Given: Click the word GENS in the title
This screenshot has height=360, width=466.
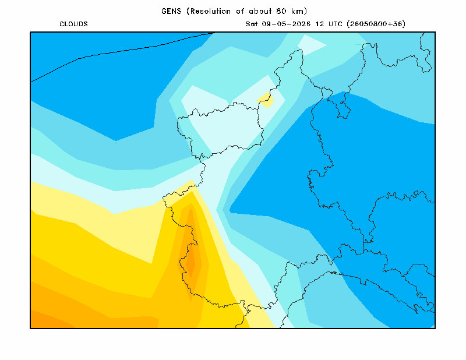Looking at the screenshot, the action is click(x=171, y=11).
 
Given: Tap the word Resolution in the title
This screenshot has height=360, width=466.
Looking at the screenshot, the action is click(x=210, y=11).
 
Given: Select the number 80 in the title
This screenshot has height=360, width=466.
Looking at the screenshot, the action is click(x=281, y=11).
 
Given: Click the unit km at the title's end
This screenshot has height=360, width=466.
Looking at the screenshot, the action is click(x=296, y=11).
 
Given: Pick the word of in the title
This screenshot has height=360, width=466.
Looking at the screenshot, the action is click(x=240, y=11).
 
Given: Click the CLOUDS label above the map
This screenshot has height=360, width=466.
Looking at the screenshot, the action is click(x=73, y=24).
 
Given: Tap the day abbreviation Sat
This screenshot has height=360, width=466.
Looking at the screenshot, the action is click(x=252, y=24).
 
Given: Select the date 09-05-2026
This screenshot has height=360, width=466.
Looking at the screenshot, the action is click(x=286, y=24).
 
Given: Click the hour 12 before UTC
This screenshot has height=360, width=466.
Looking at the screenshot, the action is click(x=320, y=24).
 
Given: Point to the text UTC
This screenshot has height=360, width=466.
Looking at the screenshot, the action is click(x=336, y=24).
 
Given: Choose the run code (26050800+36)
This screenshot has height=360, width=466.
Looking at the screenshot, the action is click(x=376, y=24).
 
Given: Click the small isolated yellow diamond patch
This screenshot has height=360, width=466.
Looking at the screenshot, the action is click(x=266, y=100).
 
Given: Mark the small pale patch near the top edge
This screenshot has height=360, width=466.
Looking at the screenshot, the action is click(x=312, y=45).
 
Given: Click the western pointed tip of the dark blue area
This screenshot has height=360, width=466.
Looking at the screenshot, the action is click(x=230, y=210).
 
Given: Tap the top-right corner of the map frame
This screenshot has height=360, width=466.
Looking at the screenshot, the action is click(x=435, y=32).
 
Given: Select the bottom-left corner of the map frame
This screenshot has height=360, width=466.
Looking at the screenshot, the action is click(x=31, y=328).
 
